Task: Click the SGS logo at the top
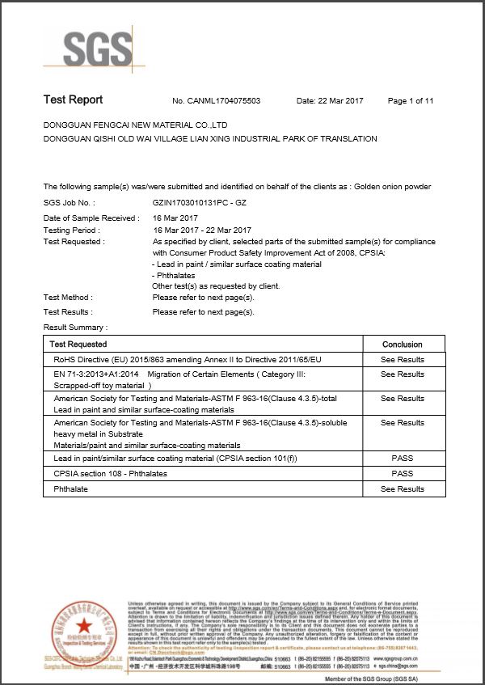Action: pos(87,50)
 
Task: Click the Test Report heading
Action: pos(73,100)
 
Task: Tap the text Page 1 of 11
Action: pos(411,101)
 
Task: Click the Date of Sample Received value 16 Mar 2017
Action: pos(175,218)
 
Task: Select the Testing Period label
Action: pos(71,230)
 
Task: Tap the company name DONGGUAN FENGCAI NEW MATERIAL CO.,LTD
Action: pos(135,125)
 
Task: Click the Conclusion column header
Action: pos(402,345)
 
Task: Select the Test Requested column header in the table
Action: pos(84,345)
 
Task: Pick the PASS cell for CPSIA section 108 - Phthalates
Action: pos(402,474)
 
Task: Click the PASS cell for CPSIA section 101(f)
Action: pos(402,459)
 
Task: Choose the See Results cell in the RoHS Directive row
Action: pos(402,360)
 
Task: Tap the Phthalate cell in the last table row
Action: pos(71,489)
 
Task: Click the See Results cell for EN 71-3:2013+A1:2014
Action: pos(402,374)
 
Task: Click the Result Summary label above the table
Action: pos(75,327)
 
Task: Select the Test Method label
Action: pos(68,298)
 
